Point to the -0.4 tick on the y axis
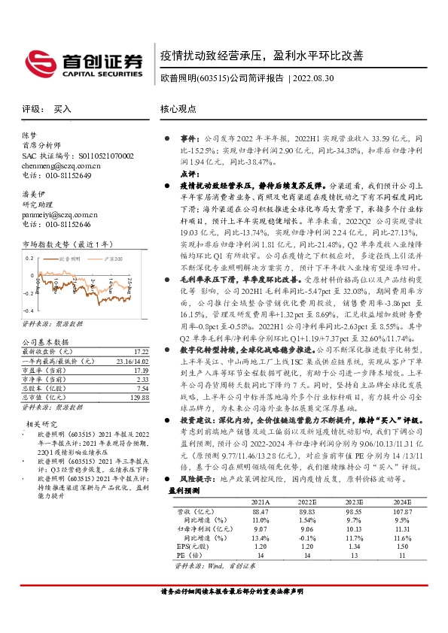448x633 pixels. [28, 310]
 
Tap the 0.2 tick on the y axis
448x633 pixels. [29, 257]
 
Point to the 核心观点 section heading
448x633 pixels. [178, 108]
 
